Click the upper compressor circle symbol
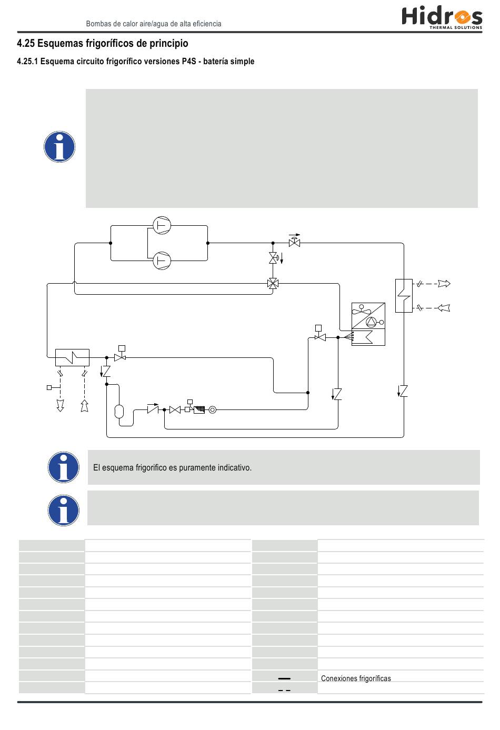(162, 225)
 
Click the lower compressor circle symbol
(162, 261)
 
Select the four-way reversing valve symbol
(273, 284)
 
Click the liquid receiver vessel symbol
(119, 411)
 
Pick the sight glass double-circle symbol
(213, 409)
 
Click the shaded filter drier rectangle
(199, 409)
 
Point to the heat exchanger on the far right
(404, 296)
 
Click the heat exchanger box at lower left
(72, 357)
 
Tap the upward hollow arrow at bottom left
(84, 406)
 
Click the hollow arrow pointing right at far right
(444, 284)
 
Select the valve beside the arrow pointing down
(273, 258)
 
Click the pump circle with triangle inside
(371, 322)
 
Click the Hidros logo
(442, 17)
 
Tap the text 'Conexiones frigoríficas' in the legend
(356, 678)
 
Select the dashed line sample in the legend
(284, 690)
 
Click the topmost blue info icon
(59, 147)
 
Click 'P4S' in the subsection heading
(189, 61)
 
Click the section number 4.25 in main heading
(26, 43)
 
